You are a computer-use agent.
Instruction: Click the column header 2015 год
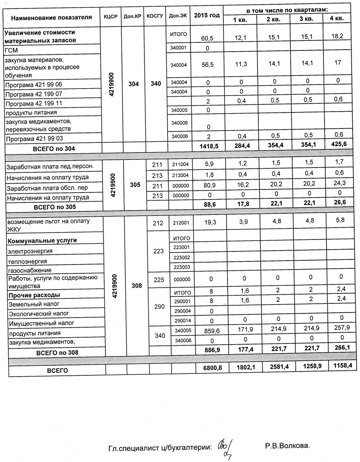[207, 15]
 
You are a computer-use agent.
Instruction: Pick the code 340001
[178, 48]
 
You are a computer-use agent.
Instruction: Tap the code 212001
[181, 223]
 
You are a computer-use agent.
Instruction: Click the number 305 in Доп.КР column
[135, 184]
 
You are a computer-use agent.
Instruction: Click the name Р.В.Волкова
[287, 446]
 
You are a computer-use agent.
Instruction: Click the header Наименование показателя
[51, 17]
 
